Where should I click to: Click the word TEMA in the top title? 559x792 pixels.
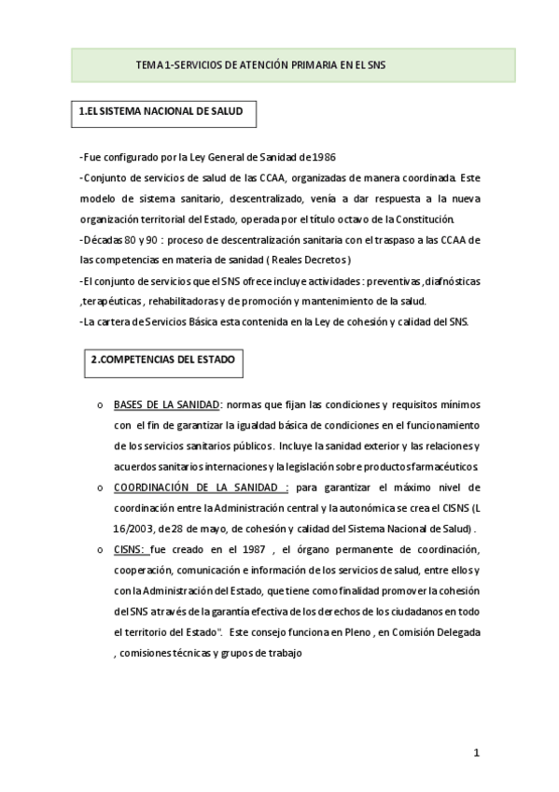[x=147, y=65]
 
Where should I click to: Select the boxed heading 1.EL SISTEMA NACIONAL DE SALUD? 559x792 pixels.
[x=161, y=111]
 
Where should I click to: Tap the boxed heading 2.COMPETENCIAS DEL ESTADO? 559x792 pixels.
[x=162, y=360]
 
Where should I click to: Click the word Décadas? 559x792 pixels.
[x=105, y=240]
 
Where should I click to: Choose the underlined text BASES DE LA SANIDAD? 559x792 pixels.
[x=166, y=404]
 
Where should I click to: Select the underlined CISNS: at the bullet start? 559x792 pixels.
[x=131, y=549]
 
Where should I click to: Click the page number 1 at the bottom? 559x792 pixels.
[x=476, y=753]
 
